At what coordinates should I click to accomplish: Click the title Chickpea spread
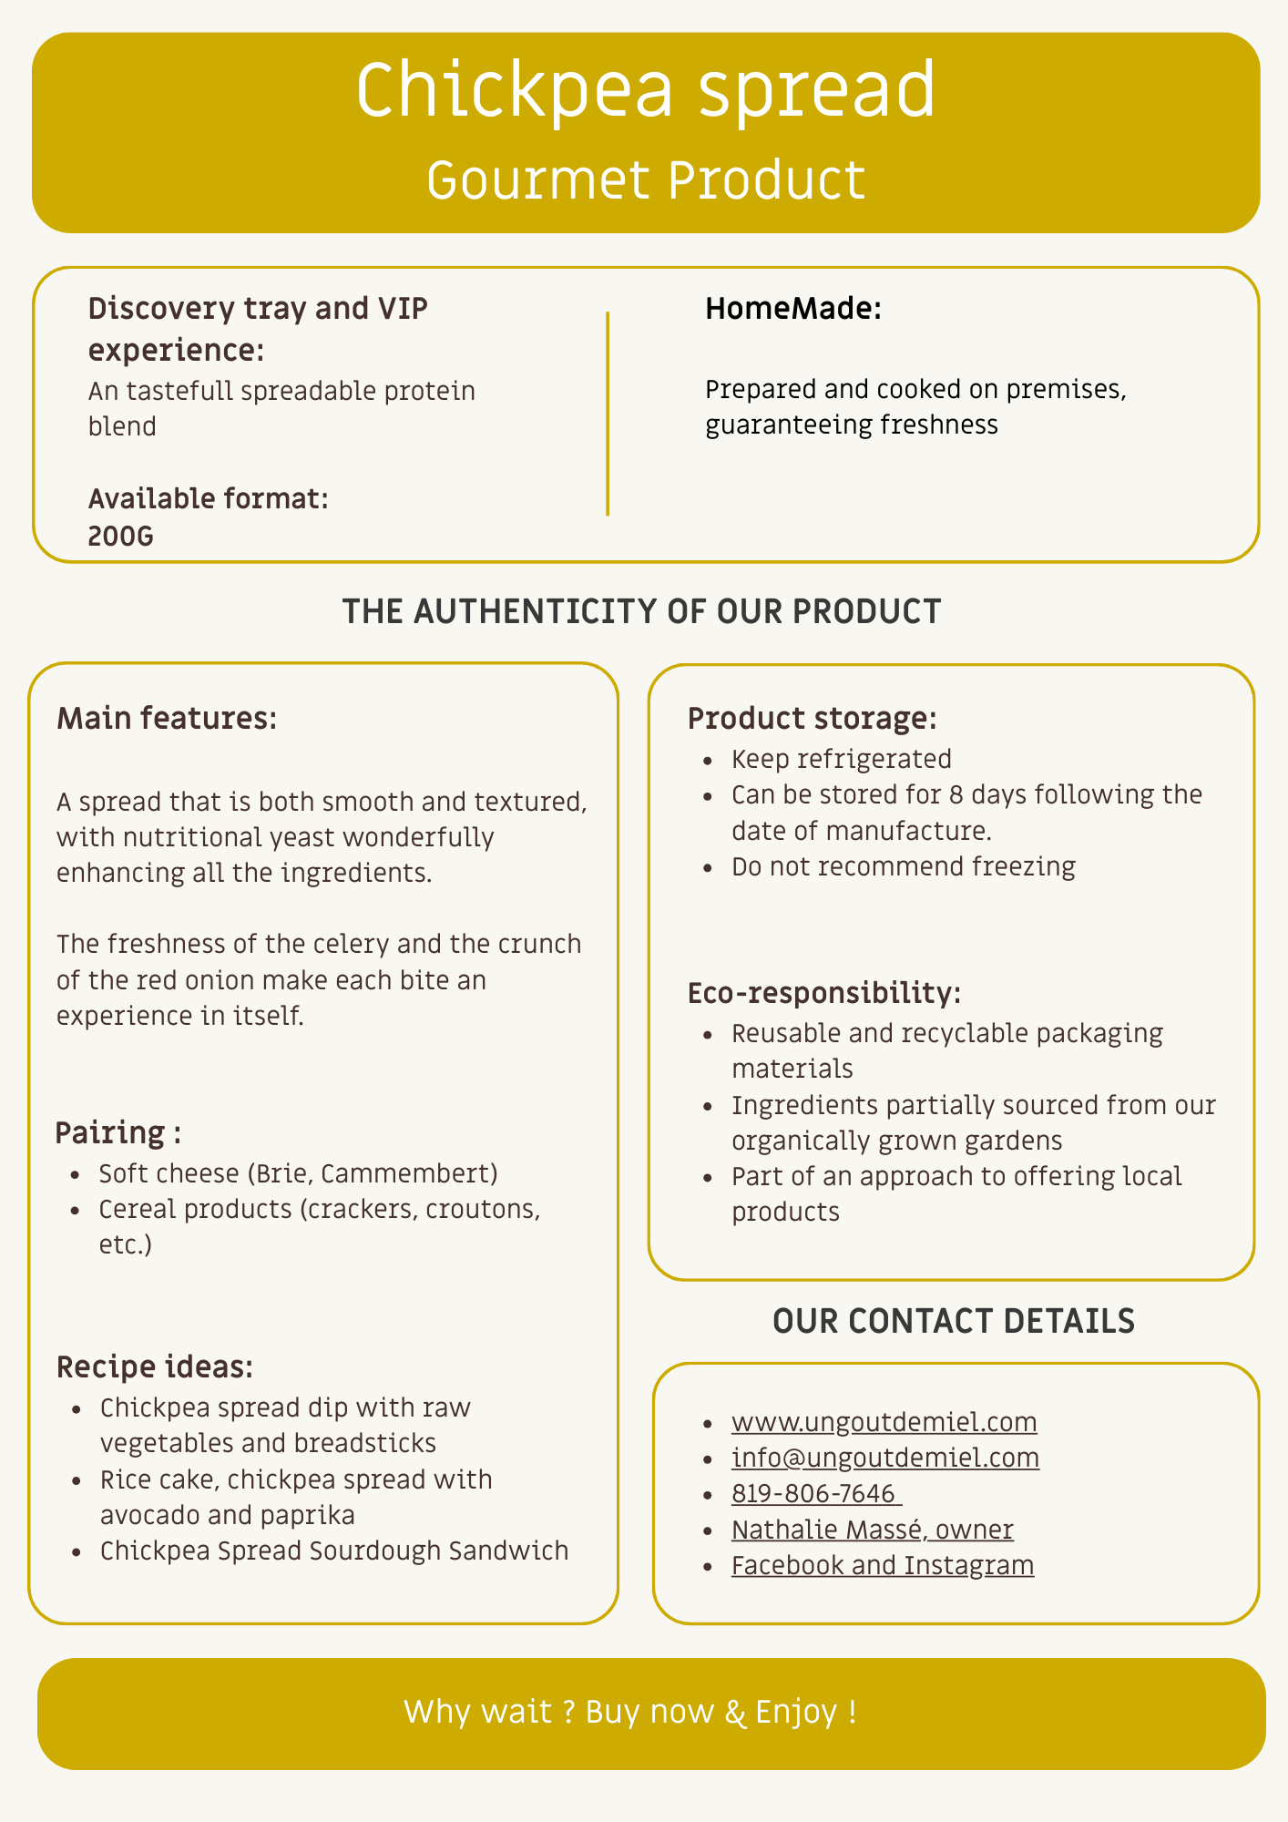click(645, 89)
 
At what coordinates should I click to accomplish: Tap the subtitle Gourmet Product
click(645, 179)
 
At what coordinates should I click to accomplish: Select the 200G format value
click(121, 536)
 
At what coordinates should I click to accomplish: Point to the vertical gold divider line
click(608, 414)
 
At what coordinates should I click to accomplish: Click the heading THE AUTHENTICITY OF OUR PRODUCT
click(641, 611)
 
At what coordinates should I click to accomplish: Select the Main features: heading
click(167, 718)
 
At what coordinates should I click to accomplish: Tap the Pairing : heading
click(118, 1132)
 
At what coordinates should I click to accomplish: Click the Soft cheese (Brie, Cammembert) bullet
click(299, 1172)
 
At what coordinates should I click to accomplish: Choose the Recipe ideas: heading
click(155, 1366)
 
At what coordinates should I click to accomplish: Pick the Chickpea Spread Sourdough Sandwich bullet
click(334, 1550)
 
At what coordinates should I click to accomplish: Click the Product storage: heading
click(812, 718)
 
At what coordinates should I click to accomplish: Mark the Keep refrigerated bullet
click(842, 759)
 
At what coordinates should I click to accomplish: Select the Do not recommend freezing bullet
click(904, 865)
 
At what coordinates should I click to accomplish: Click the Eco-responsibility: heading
click(824, 992)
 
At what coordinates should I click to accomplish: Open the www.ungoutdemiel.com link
click(884, 1421)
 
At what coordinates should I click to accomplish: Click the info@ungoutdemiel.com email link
click(885, 1457)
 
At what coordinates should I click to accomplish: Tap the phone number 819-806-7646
click(814, 1493)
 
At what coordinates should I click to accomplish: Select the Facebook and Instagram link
click(883, 1564)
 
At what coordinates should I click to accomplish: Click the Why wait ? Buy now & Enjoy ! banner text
click(630, 1712)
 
